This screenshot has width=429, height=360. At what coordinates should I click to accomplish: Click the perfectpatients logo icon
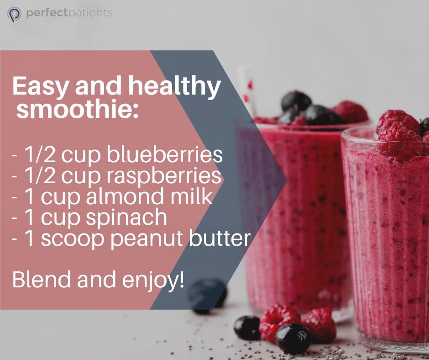click(14, 14)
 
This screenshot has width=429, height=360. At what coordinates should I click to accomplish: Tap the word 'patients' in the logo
click(90, 13)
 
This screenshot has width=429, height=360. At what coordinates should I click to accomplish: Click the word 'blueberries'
click(164, 154)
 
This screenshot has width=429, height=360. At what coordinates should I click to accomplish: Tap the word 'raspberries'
click(163, 175)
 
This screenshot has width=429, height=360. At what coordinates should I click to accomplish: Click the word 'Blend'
click(42, 279)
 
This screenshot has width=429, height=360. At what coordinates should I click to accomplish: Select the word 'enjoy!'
click(153, 280)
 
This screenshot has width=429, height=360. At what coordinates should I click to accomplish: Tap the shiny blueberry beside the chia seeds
click(293, 339)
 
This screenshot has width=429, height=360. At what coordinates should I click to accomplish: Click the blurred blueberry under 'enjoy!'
click(207, 294)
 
